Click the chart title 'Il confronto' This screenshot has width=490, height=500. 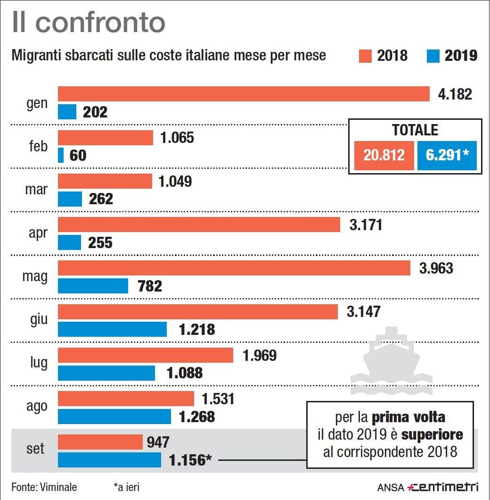89,22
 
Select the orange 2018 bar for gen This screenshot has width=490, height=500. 244,94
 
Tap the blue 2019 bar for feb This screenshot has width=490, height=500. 61,155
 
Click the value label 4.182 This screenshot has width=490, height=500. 455,94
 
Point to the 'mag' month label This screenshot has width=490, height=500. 35,276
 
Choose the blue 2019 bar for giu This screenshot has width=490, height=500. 112,329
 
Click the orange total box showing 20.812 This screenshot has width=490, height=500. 384,155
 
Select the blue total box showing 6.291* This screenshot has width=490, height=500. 447,155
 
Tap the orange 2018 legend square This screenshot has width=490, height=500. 365,56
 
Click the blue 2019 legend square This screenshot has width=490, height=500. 433,56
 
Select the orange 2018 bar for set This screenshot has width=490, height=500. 100,442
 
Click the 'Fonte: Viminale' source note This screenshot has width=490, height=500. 44,487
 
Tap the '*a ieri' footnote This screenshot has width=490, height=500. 126,487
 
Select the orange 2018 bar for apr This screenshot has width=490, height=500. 199,225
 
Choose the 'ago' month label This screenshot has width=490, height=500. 36,406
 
